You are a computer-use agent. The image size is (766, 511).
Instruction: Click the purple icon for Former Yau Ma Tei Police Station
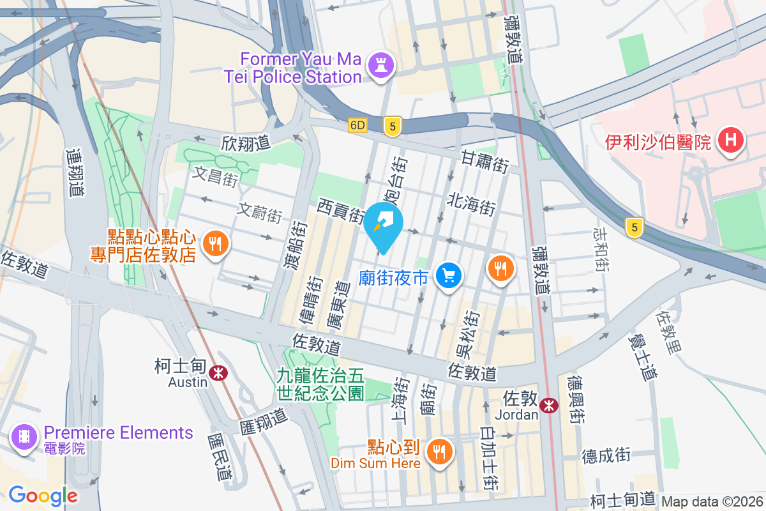point(382,66)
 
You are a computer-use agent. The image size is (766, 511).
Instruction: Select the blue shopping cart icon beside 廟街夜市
point(449,276)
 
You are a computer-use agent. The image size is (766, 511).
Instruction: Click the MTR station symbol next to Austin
point(218,372)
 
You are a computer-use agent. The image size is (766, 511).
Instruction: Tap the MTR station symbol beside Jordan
point(548,405)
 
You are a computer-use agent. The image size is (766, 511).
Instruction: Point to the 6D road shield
point(357,126)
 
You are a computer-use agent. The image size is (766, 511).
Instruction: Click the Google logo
point(43,495)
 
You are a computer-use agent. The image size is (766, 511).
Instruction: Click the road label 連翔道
point(75,172)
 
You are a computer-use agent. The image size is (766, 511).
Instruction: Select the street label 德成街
point(606,455)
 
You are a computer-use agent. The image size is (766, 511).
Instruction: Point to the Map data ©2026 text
point(711,501)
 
